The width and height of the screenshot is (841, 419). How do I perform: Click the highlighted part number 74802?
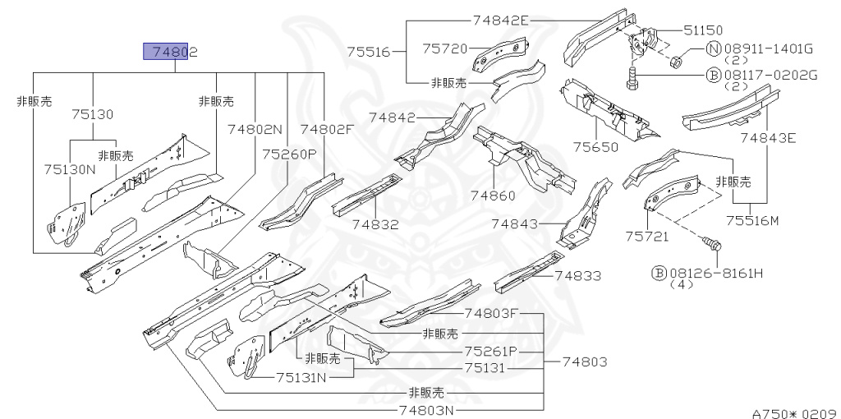(171, 53)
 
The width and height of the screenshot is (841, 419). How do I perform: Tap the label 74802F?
(326, 129)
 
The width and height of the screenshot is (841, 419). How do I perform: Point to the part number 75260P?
(289, 154)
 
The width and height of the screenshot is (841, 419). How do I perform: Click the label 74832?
(376, 224)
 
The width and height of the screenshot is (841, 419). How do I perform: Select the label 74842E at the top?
(501, 21)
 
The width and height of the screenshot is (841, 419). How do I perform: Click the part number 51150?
(703, 30)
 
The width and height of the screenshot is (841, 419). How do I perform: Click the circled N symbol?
(713, 49)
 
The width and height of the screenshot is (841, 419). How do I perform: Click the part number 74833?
(577, 276)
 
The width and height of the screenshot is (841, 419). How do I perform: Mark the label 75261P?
(490, 351)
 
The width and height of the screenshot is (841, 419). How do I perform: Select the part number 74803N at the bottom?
(426, 410)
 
